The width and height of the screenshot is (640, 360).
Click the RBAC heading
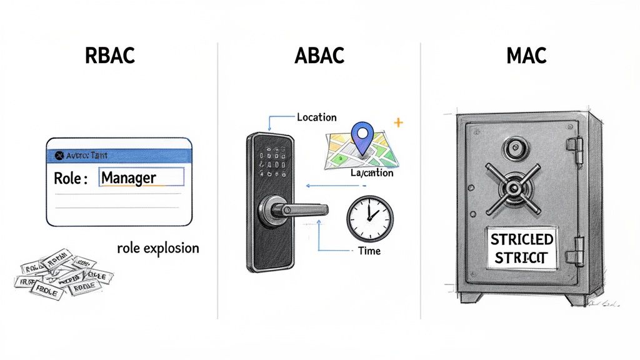[109, 55]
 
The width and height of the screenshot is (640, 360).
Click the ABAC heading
[319, 55]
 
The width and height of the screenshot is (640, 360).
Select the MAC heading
[527, 55]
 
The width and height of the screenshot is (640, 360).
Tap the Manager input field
[142, 177]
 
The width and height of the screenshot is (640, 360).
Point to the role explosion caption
[157, 248]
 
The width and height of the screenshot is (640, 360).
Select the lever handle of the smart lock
[294, 209]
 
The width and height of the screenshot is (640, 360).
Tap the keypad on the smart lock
[274, 159]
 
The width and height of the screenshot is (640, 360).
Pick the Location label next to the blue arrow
[316, 117]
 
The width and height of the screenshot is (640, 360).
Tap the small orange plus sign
[397, 122]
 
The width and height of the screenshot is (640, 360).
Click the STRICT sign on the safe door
[521, 248]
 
